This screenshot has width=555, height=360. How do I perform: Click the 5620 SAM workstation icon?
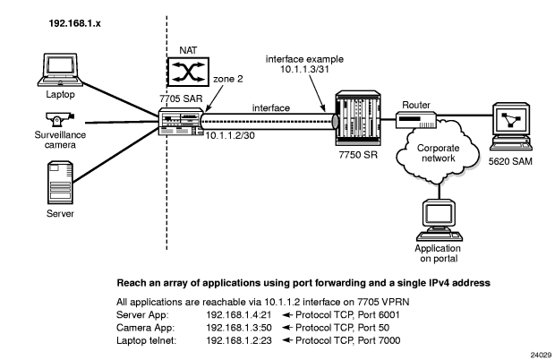coord(508,118)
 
